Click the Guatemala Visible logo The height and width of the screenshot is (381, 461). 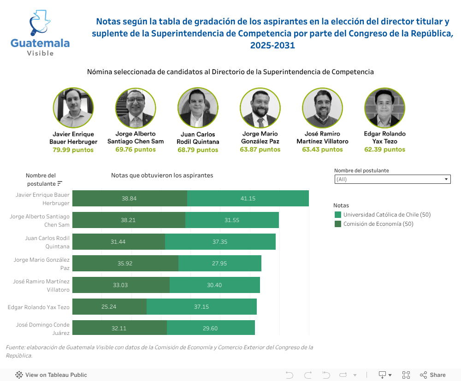point(40,34)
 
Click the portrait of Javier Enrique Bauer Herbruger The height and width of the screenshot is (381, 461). point(73,108)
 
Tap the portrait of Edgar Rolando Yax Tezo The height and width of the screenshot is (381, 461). point(384,108)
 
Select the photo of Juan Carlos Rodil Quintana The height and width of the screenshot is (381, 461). point(198,108)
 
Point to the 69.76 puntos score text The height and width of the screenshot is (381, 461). point(136,149)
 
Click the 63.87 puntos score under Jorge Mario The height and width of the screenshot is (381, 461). point(260,149)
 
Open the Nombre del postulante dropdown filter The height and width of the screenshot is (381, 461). point(392,179)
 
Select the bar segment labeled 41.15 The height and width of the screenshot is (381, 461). point(248,199)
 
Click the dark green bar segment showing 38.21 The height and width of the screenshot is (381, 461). point(129,220)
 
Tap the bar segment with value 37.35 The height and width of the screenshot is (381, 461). point(220,242)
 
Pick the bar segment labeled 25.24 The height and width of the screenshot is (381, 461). point(109,307)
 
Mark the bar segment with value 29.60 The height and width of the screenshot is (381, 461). point(211,328)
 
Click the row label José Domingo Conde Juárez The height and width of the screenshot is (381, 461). point(43,328)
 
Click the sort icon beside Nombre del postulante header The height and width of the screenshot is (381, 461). point(59,183)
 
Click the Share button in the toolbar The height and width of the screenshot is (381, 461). point(432,375)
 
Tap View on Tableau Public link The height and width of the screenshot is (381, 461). point(51,375)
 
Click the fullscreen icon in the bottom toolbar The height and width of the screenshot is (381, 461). point(406,375)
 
